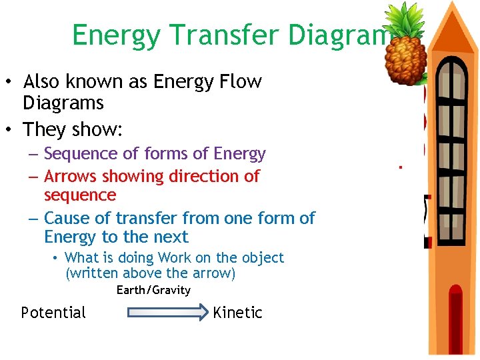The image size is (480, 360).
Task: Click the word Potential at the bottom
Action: [x=53, y=313]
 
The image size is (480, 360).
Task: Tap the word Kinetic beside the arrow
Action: [x=237, y=313]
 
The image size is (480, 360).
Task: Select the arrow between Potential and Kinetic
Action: [x=167, y=313]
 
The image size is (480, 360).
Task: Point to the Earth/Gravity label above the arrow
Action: [x=153, y=290]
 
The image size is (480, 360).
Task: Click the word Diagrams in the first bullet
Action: [x=63, y=103]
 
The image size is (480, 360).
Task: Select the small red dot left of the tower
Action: [x=401, y=167]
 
